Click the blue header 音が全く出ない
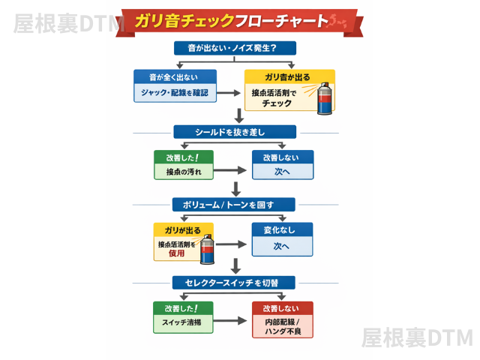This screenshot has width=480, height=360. click(x=175, y=77)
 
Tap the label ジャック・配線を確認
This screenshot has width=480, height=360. click(x=175, y=93)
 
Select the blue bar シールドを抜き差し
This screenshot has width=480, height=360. click(x=235, y=132)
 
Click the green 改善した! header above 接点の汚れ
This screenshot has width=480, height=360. click(x=183, y=158)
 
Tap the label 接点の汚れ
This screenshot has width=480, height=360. click(x=183, y=172)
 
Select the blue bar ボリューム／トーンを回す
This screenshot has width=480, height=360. click(x=235, y=205)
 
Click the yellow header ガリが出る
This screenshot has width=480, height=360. click(x=183, y=229)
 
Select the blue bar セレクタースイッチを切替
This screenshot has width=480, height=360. click(x=235, y=283)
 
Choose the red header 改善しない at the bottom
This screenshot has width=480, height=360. click(x=282, y=308)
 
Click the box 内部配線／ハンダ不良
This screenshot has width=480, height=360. click(x=282, y=326)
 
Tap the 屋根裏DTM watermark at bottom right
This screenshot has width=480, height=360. click(x=416, y=337)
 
